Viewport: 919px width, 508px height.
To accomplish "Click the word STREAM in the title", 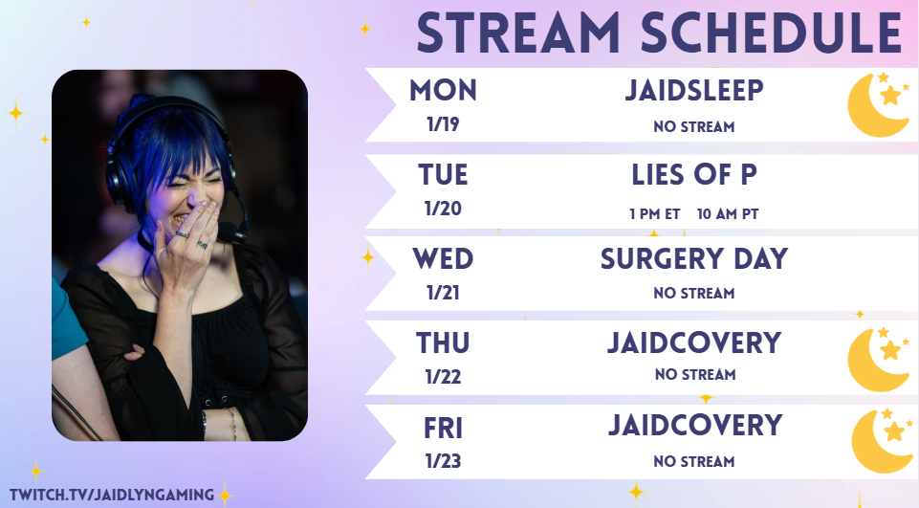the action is pyautogui.click(x=518, y=33).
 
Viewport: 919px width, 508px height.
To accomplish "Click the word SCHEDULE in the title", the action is pyautogui.click(x=772, y=33).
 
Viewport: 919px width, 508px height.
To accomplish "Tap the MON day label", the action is pyautogui.click(x=443, y=90).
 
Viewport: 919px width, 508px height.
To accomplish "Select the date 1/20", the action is pyautogui.click(x=443, y=209).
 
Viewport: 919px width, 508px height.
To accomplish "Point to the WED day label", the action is pyautogui.click(x=443, y=258).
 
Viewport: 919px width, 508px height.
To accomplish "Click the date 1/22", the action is pyautogui.click(x=443, y=377).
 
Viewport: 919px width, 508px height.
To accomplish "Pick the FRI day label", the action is pyautogui.click(x=443, y=429).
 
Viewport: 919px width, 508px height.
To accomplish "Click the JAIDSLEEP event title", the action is pyautogui.click(x=694, y=90).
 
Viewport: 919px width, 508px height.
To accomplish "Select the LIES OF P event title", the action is pyautogui.click(x=694, y=175).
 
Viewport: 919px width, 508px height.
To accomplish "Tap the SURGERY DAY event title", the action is pyautogui.click(x=694, y=258).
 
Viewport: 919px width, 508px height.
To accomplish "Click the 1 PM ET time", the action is pyautogui.click(x=655, y=214).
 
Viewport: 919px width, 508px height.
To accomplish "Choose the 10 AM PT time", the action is pyautogui.click(x=728, y=214).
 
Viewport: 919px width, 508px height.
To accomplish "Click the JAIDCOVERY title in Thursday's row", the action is pyautogui.click(x=694, y=343).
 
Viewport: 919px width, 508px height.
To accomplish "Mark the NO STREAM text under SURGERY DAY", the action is pyautogui.click(x=694, y=294).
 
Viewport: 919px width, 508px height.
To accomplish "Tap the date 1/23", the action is pyautogui.click(x=443, y=461).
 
